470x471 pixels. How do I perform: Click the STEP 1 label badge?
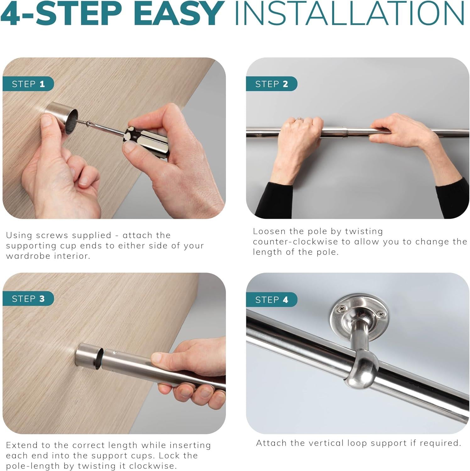[x=28, y=84]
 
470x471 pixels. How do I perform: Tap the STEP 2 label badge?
[x=272, y=84]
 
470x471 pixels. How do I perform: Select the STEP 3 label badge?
[x=28, y=299]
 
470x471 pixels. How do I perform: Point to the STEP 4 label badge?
[x=272, y=300]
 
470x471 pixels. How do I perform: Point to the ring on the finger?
[x=299, y=119]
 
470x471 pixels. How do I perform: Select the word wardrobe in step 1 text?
[x=28, y=256]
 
